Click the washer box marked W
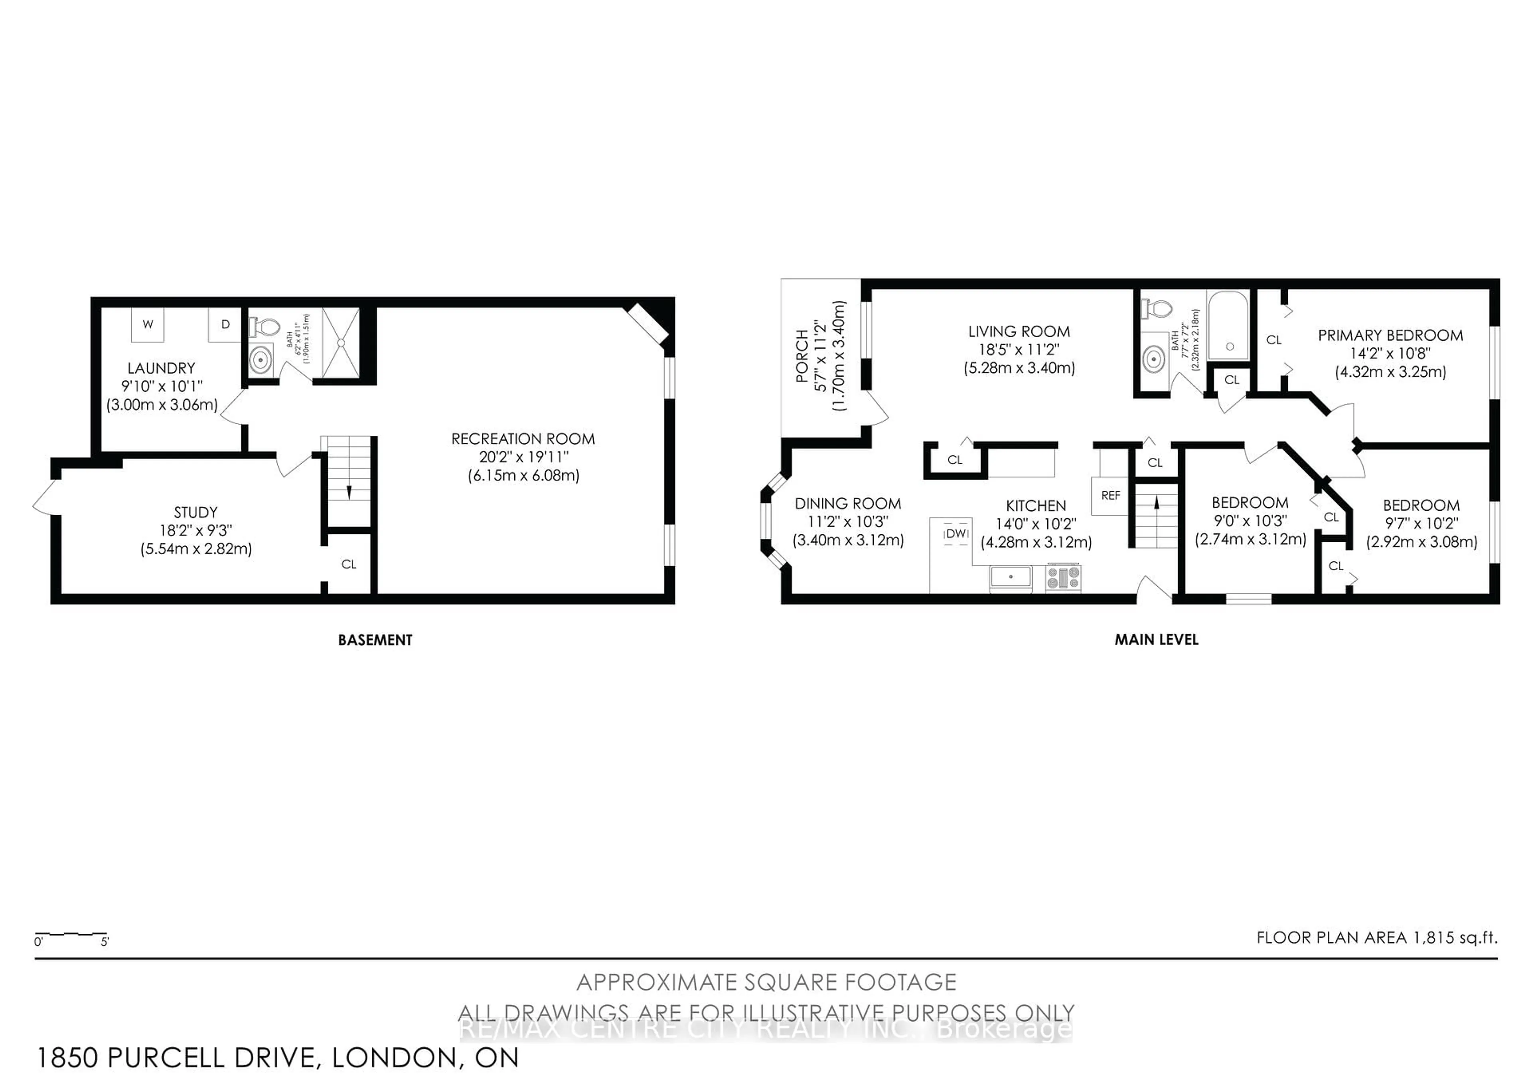[x=148, y=325]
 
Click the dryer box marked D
[x=225, y=325]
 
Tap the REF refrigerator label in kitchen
[x=1110, y=495]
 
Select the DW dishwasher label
[x=956, y=534]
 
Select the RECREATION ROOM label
[x=523, y=439]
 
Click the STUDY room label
[x=195, y=512]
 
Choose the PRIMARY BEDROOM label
[x=1390, y=336]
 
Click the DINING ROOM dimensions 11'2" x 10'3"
[x=847, y=522]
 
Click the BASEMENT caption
[x=375, y=640]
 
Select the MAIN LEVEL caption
[x=1156, y=640]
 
